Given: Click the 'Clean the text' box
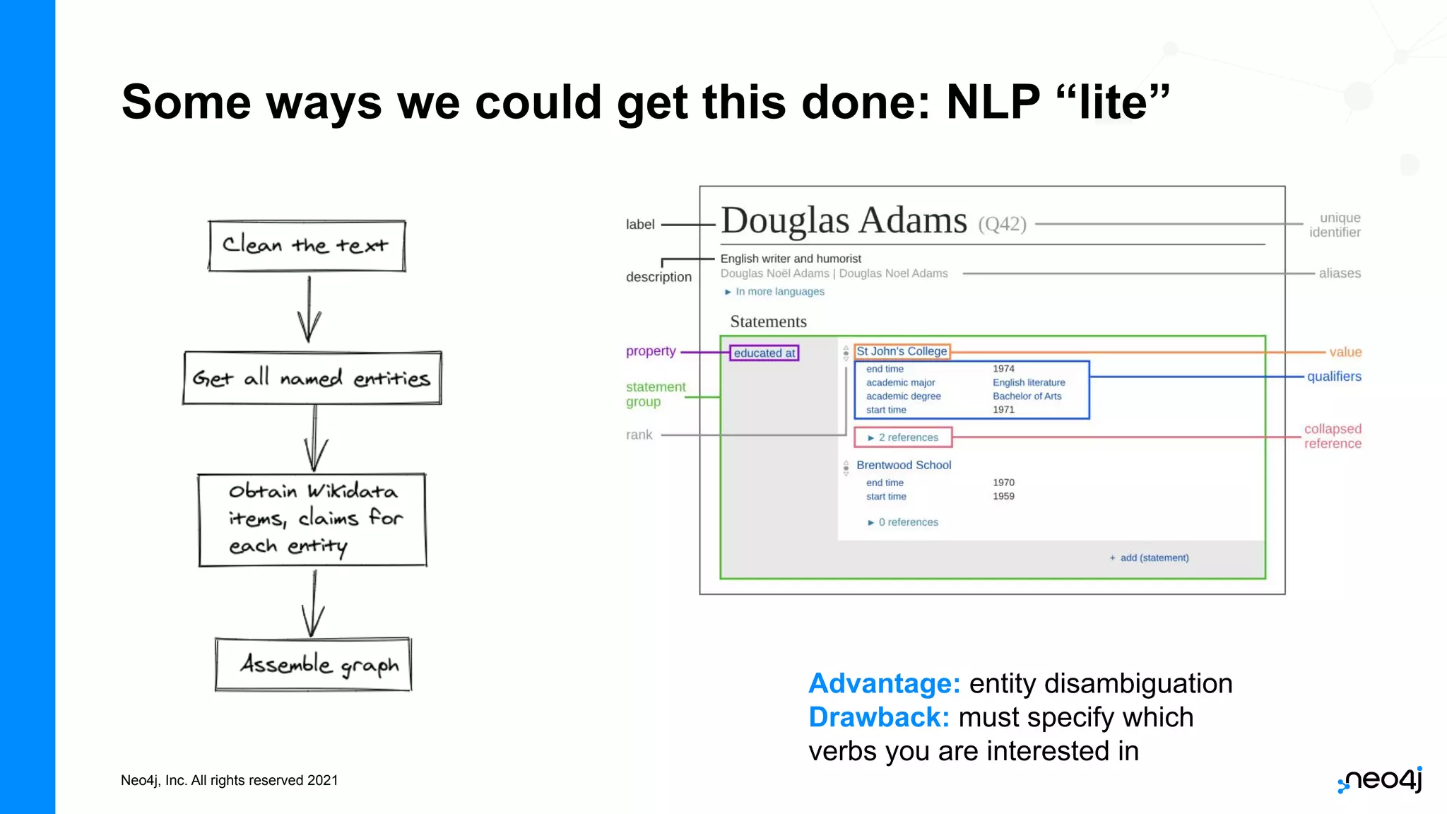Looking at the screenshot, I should click(307, 246).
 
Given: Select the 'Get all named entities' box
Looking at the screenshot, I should click(312, 378).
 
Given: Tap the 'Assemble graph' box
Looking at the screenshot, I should click(313, 664).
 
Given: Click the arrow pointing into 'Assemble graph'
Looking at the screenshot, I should click(313, 604).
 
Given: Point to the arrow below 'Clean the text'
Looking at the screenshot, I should click(309, 309).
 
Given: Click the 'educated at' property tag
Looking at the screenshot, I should click(764, 353).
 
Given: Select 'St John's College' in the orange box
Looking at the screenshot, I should click(902, 351).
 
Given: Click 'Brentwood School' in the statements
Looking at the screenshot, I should click(904, 465).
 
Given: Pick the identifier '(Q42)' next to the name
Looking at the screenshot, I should click(1002, 224).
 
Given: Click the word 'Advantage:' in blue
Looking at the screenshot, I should click(884, 683).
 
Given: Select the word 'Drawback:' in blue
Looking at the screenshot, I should click(879, 717).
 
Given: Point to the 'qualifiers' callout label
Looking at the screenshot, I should click(1333, 377).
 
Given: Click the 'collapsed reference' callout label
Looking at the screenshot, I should click(1333, 436).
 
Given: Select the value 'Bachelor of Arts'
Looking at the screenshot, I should click(1027, 396).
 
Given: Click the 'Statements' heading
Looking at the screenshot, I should click(768, 322).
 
